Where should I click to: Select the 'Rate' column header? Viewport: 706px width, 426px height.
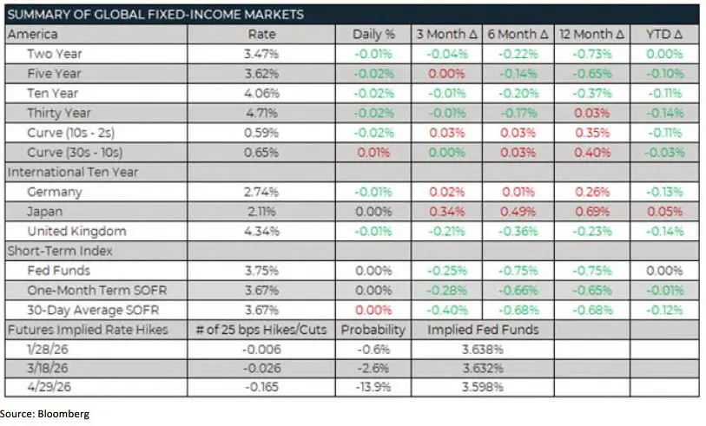(x=261, y=34)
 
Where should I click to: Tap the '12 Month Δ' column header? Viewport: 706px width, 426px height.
(x=593, y=34)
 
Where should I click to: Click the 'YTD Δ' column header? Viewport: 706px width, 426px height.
(x=665, y=34)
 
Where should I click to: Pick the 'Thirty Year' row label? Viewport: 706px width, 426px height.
(x=59, y=113)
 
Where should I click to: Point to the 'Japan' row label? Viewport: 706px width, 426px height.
(x=44, y=212)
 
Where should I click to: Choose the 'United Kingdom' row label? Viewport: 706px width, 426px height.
(x=76, y=231)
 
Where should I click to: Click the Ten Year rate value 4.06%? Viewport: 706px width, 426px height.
(x=261, y=93)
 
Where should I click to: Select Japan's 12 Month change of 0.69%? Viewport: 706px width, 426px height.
(x=593, y=212)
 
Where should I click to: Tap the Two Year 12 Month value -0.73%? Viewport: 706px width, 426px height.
(x=593, y=54)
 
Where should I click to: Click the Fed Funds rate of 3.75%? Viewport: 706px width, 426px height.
(x=261, y=271)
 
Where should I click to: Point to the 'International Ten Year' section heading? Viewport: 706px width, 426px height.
(x=73, y=172)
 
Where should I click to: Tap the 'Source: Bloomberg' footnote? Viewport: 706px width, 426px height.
(x=45, y=414)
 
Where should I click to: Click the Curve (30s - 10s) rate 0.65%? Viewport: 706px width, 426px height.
(x=261, y=152)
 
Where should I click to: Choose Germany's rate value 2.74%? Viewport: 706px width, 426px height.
(x=261, y=192)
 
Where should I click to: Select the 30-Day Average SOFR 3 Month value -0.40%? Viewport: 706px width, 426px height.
(x=445, y=310)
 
